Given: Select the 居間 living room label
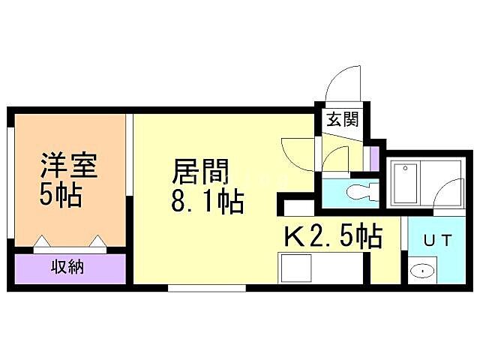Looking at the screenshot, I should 200,172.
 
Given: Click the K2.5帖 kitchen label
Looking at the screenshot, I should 332,236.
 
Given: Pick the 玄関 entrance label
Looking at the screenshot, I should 342,119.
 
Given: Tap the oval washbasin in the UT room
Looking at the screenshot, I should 422,271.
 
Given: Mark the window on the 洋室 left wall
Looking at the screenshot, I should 10,181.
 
